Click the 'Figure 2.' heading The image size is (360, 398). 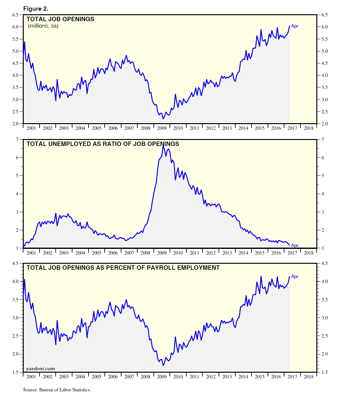(36, 9)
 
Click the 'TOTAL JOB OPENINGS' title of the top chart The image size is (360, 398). (60, 19)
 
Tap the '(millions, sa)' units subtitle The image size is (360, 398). (43, 26)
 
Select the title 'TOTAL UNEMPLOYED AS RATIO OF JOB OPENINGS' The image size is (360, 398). (102, 144)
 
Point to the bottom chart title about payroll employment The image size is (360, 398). (123, 268)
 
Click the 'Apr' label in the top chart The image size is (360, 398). (295, 26)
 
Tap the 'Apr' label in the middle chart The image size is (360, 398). (295, 245)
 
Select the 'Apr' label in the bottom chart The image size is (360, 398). (295, 276)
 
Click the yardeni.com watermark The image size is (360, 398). (40, 369)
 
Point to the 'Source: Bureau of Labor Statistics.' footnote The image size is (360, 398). (57, 390)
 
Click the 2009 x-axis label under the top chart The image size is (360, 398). (162, 128)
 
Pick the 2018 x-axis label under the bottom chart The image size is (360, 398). (308, 377)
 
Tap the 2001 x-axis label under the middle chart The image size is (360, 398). (31, 253)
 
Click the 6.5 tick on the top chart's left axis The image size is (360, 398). (15, 15)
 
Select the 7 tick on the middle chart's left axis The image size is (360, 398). (17, 139)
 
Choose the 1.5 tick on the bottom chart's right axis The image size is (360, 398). (325, 372)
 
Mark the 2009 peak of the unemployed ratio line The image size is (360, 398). (163, 145)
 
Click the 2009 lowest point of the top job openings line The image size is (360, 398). (163, 119)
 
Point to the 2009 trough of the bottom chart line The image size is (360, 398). (163, 365)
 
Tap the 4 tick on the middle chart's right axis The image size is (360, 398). (323, 194)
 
